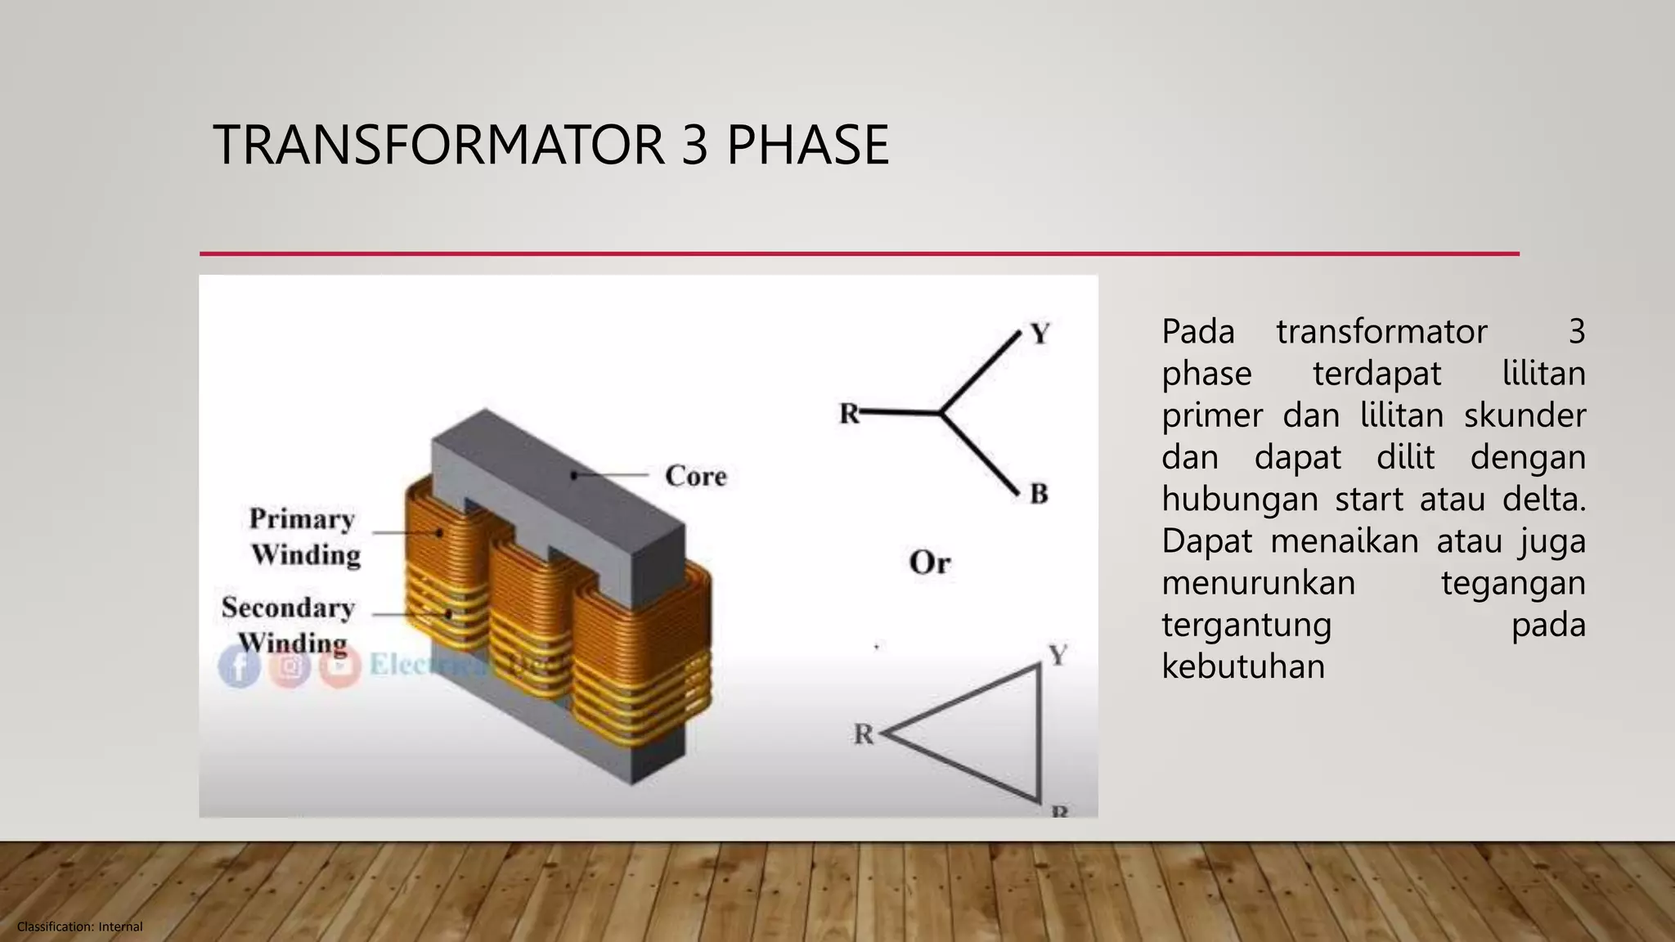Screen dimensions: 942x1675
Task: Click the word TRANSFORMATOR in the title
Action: coord(438,146)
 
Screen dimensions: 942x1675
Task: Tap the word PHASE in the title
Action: coord(807,146)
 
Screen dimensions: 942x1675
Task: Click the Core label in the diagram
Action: coord(695,476)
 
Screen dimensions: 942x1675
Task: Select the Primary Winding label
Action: coord(304,536)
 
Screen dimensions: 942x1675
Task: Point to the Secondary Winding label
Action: coord(289,625)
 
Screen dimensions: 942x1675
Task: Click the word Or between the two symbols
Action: coord(930,563)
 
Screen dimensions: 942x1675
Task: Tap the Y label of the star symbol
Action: coord(1040,334)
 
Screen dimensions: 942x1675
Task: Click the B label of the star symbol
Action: coord(1039,494)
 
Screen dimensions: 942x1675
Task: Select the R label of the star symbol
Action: coord(849,414)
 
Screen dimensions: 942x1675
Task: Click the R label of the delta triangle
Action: coord(864,734)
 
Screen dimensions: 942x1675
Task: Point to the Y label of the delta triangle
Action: coord(1058,655)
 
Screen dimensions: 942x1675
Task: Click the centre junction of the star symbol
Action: coord(941,414)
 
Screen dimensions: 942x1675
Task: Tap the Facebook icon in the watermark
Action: coord(239,666)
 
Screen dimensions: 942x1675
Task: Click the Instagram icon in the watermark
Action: coord(290,666)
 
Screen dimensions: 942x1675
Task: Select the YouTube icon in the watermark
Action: coord(340,666)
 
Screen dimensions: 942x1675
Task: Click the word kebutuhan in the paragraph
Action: coord(1243,666)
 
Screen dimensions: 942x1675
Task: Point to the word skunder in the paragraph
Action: coord(1525,415)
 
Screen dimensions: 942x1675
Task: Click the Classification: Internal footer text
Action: coord(79,926)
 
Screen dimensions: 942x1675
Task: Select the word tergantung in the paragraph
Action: coord(1246,625)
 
